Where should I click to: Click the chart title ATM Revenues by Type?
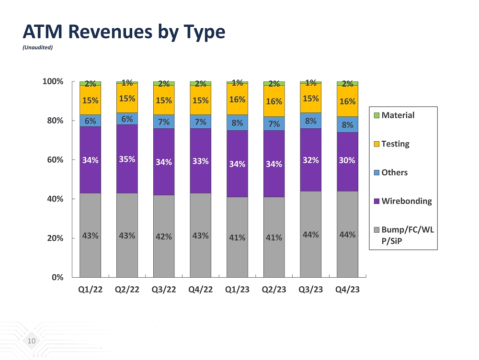coord(124,32)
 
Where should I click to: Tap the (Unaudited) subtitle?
coord(37,47)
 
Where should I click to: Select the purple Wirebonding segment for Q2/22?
coord(127,158)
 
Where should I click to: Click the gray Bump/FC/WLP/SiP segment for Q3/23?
coord(311,234)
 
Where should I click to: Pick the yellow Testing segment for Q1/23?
coord(238,99)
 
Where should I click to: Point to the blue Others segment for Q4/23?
coord(348,124)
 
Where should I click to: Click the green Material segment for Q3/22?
coord(164,83)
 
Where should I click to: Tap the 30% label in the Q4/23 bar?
coord(348,160)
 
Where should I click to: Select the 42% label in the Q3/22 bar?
coord(164,236)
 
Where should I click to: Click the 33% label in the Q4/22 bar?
coord(201,161)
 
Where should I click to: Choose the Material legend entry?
coord(398,115)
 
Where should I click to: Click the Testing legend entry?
coord(395,144)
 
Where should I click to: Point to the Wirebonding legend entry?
coord(407,201)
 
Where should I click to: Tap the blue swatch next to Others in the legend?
coord(376,172)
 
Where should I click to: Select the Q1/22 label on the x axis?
coord(90,290)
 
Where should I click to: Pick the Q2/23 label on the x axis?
coord(274,290)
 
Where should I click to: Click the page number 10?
coord(32,341)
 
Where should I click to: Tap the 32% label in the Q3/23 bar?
coord(311,160)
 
